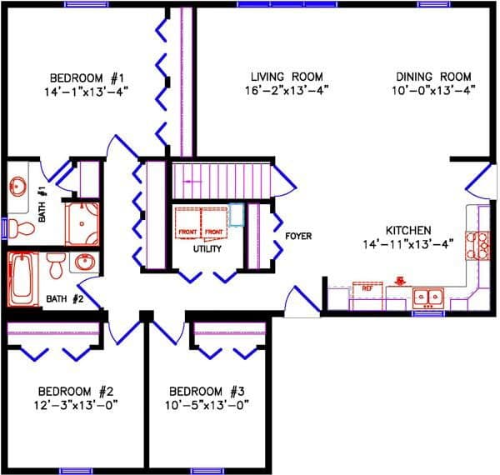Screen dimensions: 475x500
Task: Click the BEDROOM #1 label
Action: point(87,76)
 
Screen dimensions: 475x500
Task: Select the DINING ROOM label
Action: point(434,76)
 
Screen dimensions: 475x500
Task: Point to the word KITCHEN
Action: point(407,230)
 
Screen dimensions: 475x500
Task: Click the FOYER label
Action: point(298,237)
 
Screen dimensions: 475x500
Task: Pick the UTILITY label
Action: point(207,248)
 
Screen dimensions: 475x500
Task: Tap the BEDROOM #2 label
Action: point(75,392)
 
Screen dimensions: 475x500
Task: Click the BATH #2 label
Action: point(65,298)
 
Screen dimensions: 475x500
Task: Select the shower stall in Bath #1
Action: point(82,222)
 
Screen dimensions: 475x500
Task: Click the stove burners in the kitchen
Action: point(482,243)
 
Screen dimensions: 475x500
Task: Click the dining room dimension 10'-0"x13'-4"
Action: point(434,90)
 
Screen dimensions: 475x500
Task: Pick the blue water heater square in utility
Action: point(237,215)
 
